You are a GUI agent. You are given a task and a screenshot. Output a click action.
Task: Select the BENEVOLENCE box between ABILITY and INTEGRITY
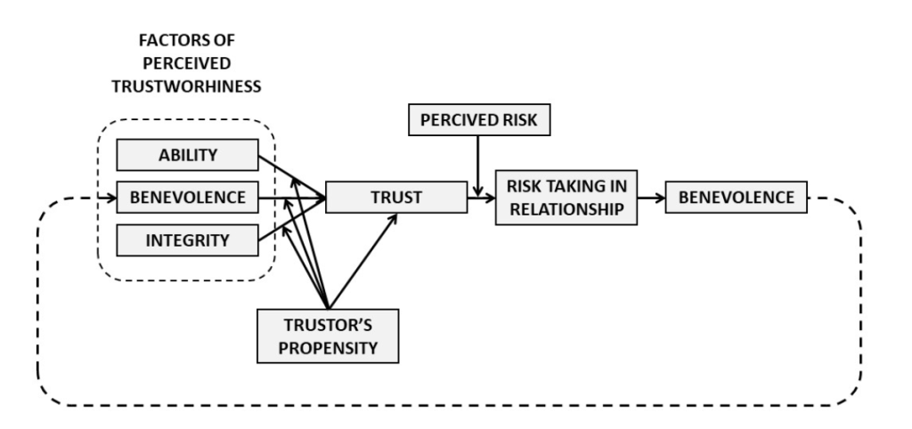click(x=188, y=198)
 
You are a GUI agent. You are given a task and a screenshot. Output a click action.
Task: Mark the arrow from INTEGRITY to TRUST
click(x=289, y=219)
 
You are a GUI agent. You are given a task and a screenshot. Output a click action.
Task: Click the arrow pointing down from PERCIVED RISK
click(x=479, y=165)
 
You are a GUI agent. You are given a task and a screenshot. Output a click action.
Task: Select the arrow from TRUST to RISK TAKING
click(x=482, y=198)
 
